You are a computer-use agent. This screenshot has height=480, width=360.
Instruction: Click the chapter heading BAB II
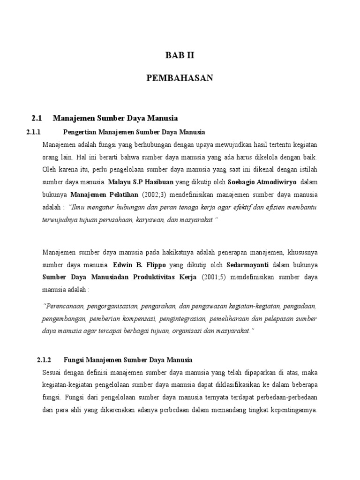click(x=180, y=55)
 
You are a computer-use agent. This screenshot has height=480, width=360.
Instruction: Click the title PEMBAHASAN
click(x=180, y=78)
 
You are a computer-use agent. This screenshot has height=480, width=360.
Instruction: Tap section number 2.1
click(x=37, y=118)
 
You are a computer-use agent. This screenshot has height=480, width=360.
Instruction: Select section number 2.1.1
click(x=34, y=132)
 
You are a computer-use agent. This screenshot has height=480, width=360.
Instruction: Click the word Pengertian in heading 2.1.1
click(x=78, y=132)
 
